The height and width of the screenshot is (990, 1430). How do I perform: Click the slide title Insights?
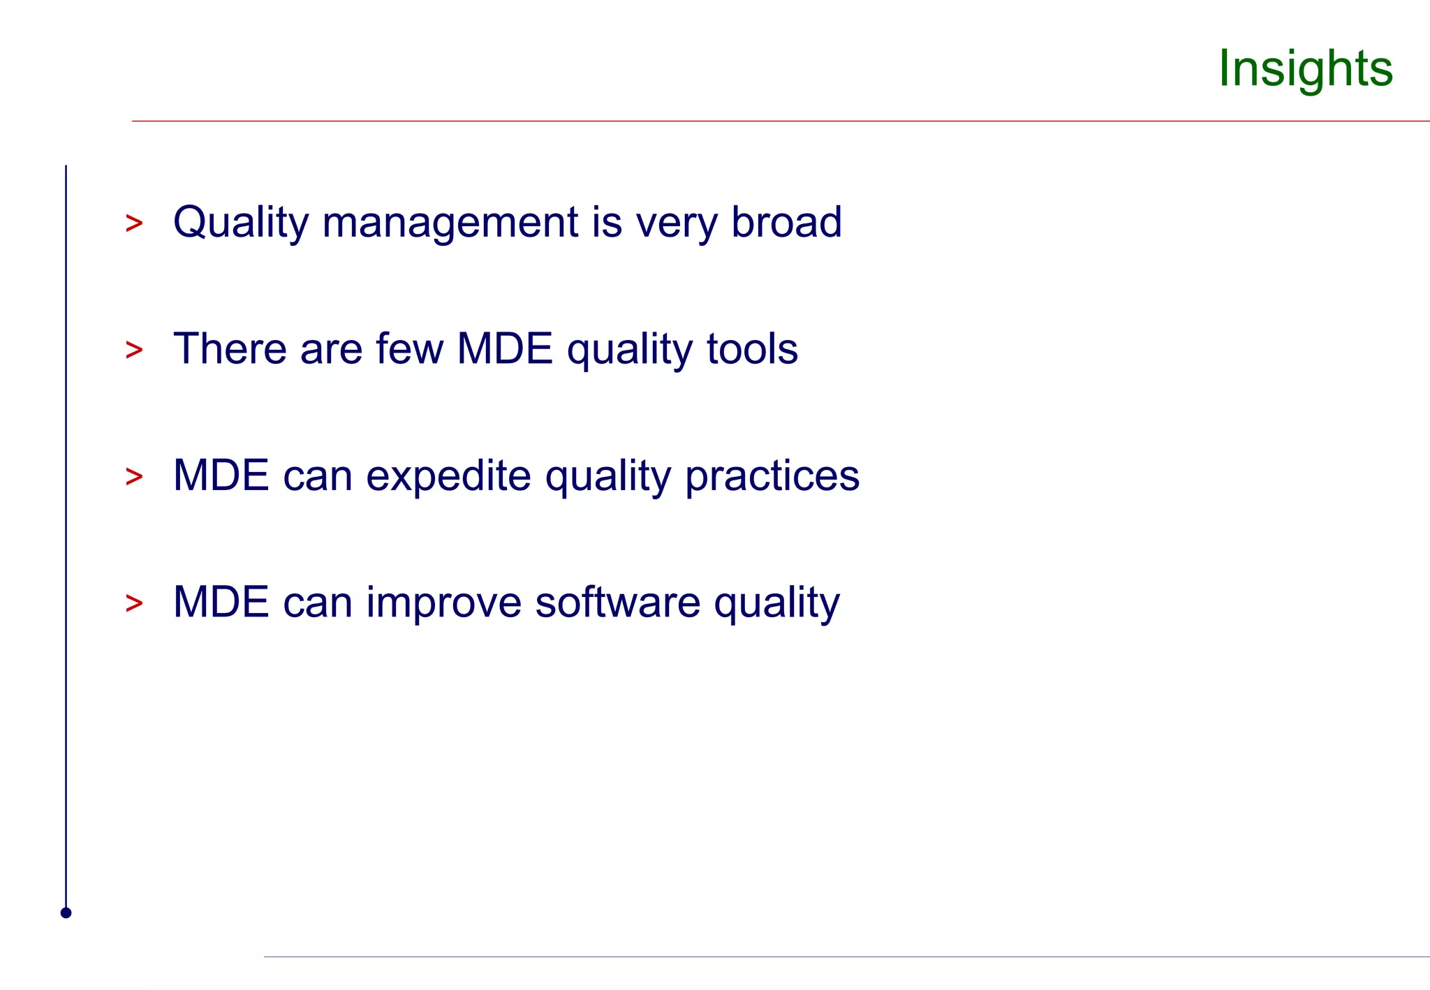coord(1305,68)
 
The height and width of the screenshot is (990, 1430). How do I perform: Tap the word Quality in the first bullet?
coord(240,223)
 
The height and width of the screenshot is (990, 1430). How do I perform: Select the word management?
coord(450,223)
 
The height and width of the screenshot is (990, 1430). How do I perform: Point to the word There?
coord(230,349)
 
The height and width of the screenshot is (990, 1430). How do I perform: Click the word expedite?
coord(448,477)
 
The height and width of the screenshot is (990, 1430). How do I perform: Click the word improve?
coord(443,603)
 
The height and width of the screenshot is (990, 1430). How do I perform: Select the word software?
coord(617,603)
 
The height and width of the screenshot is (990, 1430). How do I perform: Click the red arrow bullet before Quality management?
coord(134,224)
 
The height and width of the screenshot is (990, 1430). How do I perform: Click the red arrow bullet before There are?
coord(134,350)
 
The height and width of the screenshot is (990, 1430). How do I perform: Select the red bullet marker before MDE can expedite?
coord(134,478)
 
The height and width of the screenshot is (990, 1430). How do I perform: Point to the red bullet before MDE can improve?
coord(134,604)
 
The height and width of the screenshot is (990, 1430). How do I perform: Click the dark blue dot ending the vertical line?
coord(66,913)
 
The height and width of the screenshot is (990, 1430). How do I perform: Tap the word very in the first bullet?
coord(676,224)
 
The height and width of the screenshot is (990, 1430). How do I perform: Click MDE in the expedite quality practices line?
coord(221,476)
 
